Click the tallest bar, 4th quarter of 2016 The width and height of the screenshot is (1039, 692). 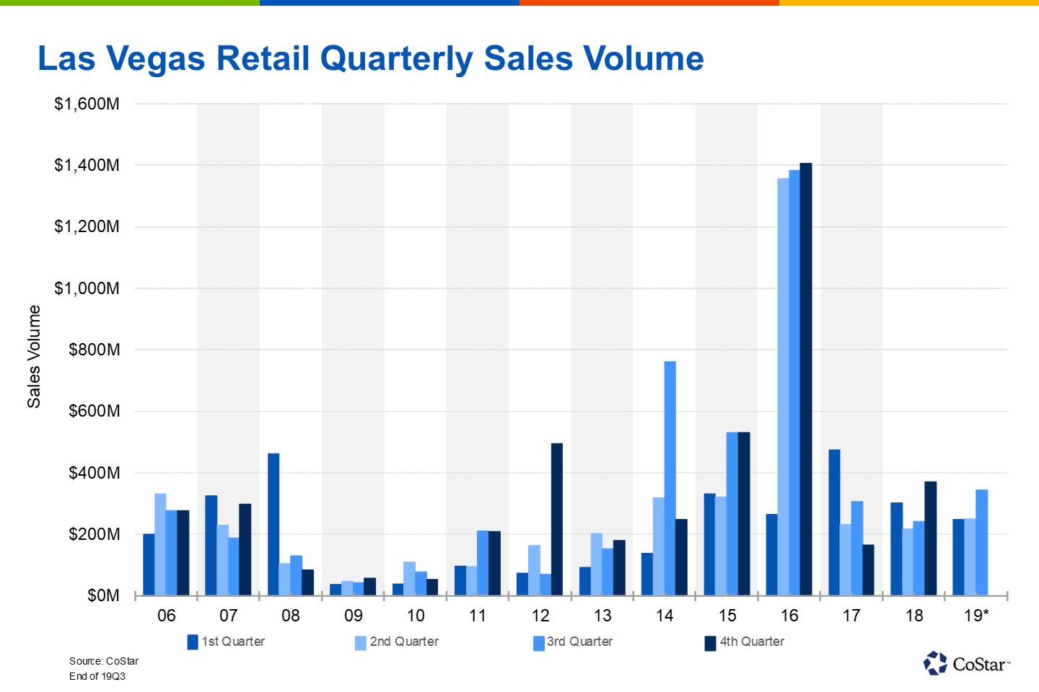(x=806, y=379)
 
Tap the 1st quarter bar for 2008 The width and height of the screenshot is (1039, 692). (x=273, y=524)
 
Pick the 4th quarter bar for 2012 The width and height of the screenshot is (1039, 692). (x=557, y=519)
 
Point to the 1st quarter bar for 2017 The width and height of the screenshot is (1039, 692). (x=834, y=523)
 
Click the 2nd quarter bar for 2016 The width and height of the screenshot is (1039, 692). (x=783, y=386)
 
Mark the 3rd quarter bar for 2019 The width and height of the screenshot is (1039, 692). (x=981, y=542)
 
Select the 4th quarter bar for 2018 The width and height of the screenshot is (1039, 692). (x=931, y=538)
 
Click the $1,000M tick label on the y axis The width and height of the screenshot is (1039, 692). (x=87, y=288)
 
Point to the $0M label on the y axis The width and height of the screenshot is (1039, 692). (x=103, y=596)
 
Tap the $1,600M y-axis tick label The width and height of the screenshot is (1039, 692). (x=87, y=104)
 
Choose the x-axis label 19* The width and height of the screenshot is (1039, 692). (x=976, y=616)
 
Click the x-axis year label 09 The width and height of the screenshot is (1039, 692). (x=354, y=616)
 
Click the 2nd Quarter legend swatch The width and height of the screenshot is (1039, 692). (x=361, y=643)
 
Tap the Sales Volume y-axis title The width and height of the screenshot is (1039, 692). (x=34, y=356)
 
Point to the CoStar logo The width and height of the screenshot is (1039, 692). (x=967, y=663)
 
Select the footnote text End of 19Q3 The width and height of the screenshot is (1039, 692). (x=97, y=676)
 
